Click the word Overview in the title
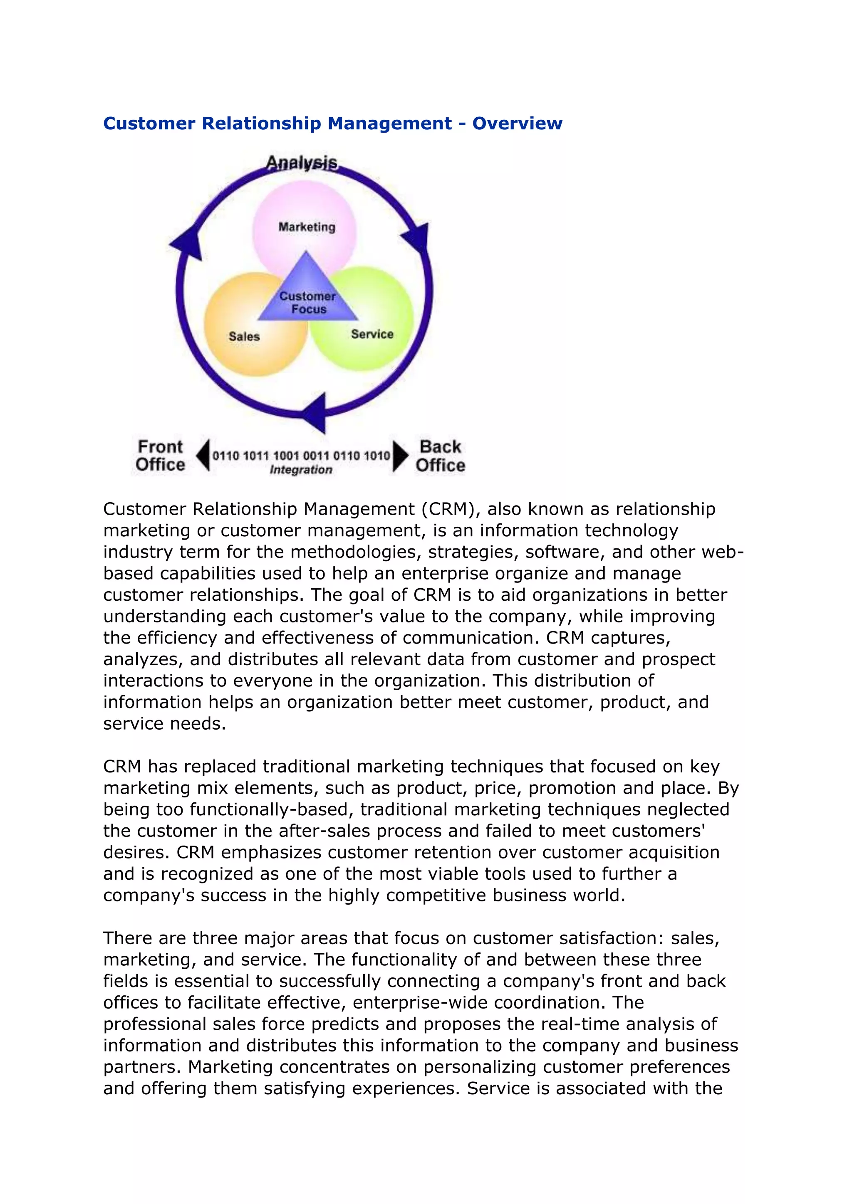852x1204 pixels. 517,123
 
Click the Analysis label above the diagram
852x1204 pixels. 302,163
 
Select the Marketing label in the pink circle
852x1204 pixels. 307,227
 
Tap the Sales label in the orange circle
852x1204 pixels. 244,337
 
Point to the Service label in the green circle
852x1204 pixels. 372,334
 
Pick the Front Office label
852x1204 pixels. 160,456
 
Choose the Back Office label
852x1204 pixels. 440,456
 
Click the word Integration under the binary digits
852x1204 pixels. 301,470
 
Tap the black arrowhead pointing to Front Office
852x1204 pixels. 203,455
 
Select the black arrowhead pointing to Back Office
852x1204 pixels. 400,455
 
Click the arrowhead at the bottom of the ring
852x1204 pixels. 316,413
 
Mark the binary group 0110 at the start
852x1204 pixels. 225,455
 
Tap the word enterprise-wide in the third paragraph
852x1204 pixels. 420,1003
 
